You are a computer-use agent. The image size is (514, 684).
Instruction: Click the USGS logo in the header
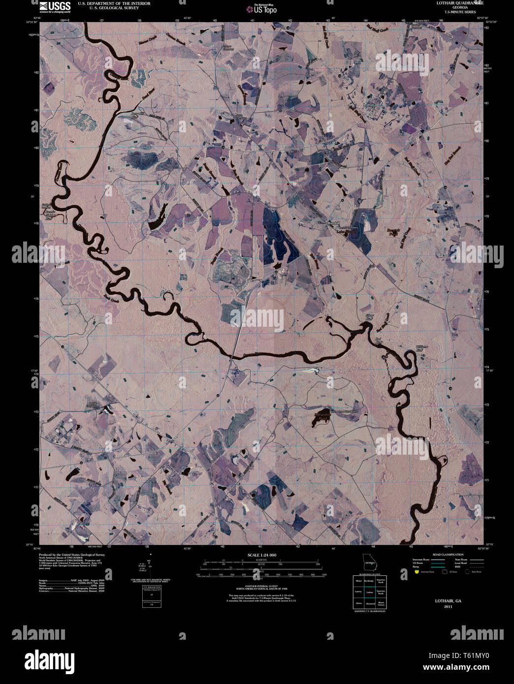pos(55,6)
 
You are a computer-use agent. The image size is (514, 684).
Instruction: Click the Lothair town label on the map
pos(369,105)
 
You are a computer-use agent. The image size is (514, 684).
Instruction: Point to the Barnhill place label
pos(334,223)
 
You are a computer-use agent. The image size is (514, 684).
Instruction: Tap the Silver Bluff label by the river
pos(370,317)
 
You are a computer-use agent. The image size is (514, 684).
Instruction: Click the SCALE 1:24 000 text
pos(262,555)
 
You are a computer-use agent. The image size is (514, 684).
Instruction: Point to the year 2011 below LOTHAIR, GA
pos(448,607)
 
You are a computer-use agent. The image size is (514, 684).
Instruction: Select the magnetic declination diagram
pos(150,567)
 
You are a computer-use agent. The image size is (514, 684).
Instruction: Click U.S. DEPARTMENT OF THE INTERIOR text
pos(110,3)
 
